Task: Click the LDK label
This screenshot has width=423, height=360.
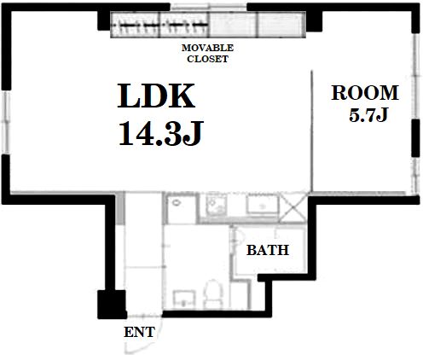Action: pos(156,96)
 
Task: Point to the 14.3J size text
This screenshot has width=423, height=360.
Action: pos(161,133)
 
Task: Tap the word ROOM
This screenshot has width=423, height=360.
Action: pos(365,93)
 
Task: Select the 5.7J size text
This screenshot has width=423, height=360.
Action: pos(368,115)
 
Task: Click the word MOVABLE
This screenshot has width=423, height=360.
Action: pos(207,48)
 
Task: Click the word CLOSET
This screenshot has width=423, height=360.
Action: pos(207,59)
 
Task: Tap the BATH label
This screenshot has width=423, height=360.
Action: pos(268,250)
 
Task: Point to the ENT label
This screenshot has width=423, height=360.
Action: pos(139,332)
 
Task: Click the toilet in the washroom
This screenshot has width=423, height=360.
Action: pos(213,293)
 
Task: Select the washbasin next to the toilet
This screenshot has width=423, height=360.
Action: pos(184,299)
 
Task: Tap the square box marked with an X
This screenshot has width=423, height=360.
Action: pos(293,208)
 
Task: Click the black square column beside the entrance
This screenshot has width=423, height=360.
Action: pos(112,305)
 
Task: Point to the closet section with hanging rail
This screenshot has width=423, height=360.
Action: pos(159,25)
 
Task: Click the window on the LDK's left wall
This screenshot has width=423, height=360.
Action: pos(6,122)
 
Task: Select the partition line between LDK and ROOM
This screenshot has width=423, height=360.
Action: pos(312,131)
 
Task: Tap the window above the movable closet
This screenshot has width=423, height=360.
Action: pos(209,7)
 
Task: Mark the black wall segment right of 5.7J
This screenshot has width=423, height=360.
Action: pos(415,138)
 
